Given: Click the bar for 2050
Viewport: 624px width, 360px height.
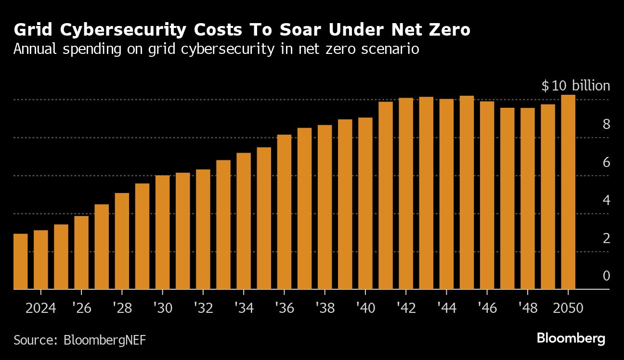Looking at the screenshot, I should [x=569, y=193].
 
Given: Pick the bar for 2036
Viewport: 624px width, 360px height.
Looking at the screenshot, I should [x=285, y=212].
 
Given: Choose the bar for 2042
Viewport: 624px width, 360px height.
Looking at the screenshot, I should [x=406, y=193].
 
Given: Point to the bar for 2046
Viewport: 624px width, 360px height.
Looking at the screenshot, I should [x=487, y=195].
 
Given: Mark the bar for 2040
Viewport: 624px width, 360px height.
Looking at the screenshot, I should [x=365, y=204].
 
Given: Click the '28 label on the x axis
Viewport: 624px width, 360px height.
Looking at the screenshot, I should [x=122, y=308].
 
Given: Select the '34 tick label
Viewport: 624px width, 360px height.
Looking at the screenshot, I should [x=244, y=308].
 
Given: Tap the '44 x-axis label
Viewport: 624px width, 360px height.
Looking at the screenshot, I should [x=446, y=308].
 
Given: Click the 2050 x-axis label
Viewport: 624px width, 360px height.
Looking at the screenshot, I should [x=569, y=308].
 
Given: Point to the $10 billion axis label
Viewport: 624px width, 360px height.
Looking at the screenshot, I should [x=575, y=86].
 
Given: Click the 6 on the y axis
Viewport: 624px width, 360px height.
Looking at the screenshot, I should [x=606, y=163].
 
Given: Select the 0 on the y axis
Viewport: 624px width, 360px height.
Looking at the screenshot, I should [x=606, y=276].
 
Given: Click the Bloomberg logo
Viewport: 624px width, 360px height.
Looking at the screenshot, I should [x=571, y=338].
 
